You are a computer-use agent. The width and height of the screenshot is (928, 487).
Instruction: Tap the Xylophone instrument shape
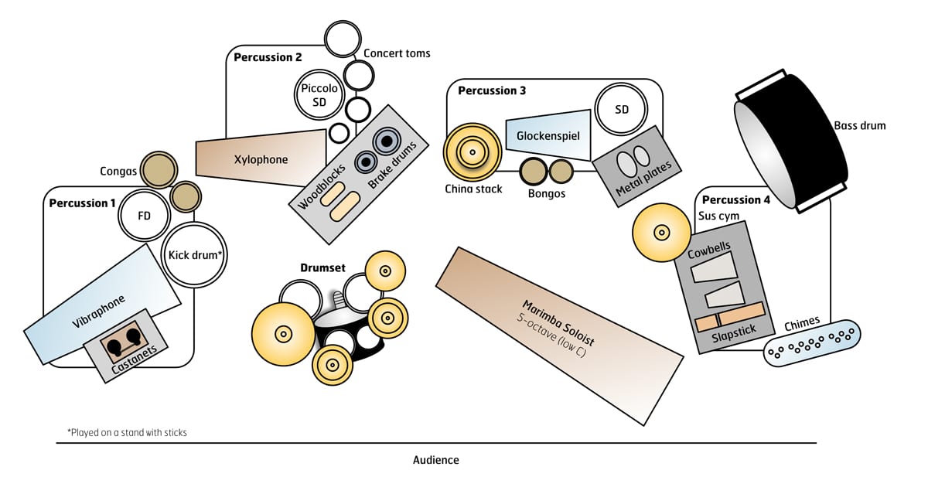261,159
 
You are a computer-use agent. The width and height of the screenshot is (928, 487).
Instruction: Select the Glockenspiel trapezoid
548,135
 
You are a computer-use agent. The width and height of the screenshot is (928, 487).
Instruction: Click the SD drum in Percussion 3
622,110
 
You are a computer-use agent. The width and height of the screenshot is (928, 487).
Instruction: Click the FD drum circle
144,216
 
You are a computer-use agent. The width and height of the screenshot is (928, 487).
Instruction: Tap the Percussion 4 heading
736,200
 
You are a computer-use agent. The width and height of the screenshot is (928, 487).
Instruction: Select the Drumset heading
323,267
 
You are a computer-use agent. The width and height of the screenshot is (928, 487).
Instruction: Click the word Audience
435,460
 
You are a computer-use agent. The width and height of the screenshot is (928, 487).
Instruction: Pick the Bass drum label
859,125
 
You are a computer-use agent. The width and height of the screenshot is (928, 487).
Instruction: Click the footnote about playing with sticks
127,433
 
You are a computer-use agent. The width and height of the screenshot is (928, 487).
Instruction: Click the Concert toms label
397,53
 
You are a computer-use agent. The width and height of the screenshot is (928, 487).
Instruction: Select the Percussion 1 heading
82,203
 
